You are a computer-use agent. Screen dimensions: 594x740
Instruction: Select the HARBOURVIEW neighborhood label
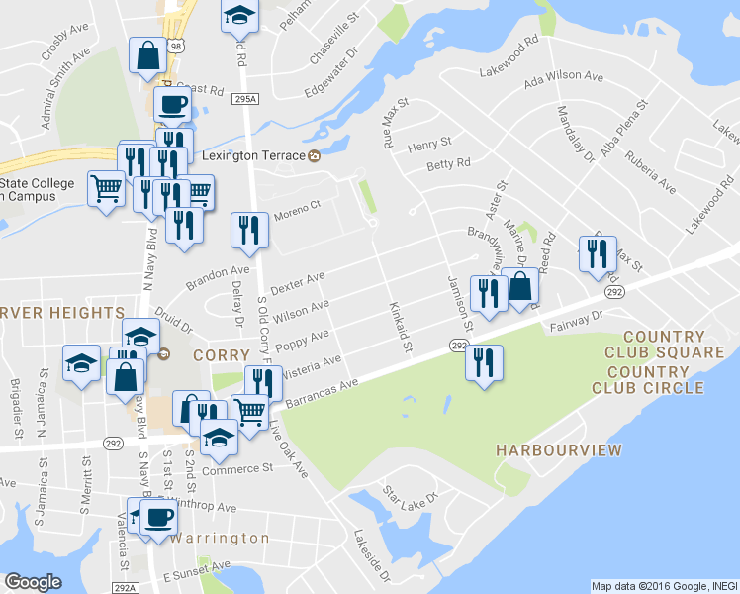click(x=559, y=451)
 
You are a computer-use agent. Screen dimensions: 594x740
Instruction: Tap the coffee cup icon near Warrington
click(x=157, y=516)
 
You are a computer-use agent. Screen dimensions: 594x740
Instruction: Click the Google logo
click(x=33, y=582)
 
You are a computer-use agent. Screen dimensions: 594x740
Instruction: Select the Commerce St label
click(x=236, y=469)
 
